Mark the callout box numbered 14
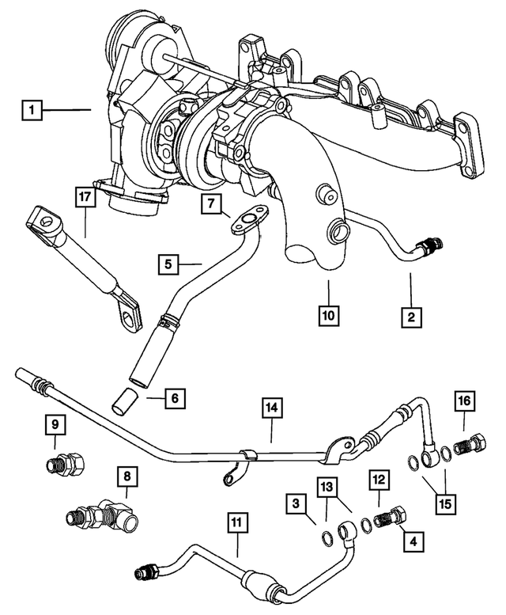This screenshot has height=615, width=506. tap(271, 408)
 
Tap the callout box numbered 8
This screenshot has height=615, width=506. tap(126, 477)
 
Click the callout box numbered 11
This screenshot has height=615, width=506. tap(235, 522)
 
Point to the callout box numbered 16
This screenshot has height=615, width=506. tap(465, 403)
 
